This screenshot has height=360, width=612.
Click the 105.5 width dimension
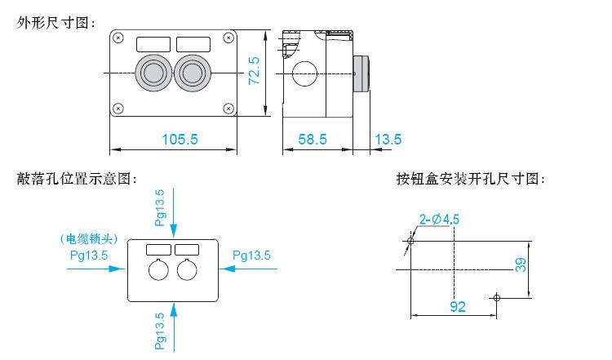point(180,140)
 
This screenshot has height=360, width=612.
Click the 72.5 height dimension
point(254,71)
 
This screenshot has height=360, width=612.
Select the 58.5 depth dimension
point(312,140)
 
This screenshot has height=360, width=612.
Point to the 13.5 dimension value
point(388,140)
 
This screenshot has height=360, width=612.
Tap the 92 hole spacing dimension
point(458,307)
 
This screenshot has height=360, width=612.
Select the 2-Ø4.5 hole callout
point(439,219)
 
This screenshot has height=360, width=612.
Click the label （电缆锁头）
point(91,239)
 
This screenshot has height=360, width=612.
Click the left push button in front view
point(153,73)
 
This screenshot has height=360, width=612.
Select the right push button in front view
point(193,73)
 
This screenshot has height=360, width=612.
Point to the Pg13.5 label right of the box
point(251,255)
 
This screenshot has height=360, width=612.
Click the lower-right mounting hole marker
point(495,297)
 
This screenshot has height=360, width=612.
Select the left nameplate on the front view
point(153,42)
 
